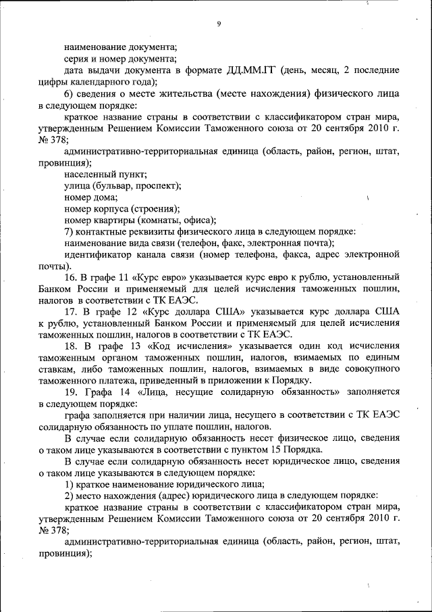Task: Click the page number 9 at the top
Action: pos(219,25)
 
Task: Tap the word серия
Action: pos(78,59)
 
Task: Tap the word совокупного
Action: pos(367,370)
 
